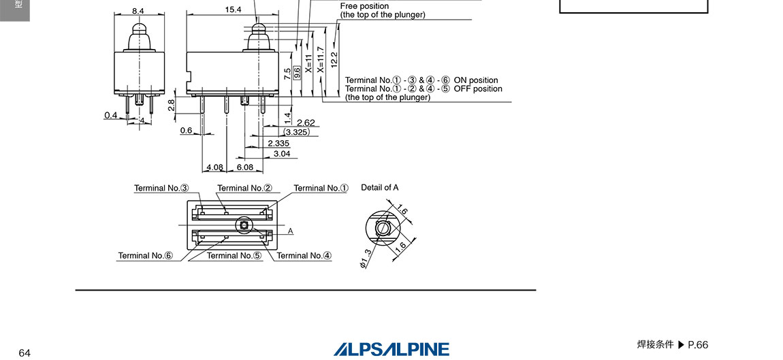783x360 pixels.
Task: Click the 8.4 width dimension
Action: [x=138, y=10]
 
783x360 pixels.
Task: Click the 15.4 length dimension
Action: [x=233, y=10]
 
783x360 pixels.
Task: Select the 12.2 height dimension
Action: [x=334, y=59]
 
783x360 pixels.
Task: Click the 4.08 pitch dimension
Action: [x=214, y=167]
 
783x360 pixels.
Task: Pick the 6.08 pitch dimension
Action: [x=244, y=167]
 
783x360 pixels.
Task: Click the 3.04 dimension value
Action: [x=281, y=154]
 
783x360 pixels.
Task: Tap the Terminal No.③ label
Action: [x=161, y=189]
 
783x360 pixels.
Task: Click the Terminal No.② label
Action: [x=244, y=189]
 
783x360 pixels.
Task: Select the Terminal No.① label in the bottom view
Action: [x=321, y=189]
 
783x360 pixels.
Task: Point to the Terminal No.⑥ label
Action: [x=145, y=256]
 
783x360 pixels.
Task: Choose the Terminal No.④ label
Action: [x=304, y=256]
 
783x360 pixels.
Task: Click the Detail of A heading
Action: [x=380, y=188]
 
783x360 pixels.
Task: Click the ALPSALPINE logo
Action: [x=391, y=349]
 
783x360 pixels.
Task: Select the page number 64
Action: [x=25, y=353]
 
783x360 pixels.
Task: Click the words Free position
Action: [x=364, y=6]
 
